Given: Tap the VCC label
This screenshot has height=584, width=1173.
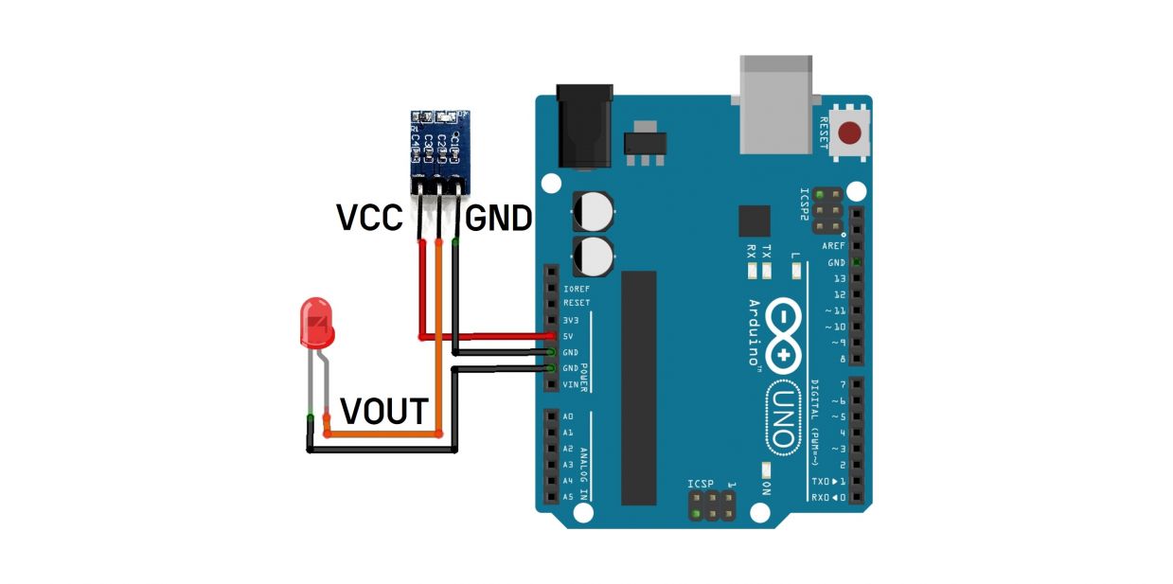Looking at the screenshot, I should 370,219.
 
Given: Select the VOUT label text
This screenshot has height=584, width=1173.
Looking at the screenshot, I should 384,412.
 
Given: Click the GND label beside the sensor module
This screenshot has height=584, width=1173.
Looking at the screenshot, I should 497,220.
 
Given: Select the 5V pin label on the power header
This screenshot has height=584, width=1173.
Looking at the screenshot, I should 570,336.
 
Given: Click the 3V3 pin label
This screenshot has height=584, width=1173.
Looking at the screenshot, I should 572,320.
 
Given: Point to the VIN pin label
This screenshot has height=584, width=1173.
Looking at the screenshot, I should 571,384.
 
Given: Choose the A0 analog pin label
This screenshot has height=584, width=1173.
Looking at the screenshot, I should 568,416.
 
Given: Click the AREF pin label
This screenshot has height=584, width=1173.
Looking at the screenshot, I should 833,245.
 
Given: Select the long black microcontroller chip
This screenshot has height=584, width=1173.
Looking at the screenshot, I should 638,387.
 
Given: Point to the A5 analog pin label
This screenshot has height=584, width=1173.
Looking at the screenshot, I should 568,496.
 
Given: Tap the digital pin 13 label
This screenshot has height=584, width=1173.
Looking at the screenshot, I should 839,278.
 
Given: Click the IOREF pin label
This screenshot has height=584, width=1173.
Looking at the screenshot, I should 576,288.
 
